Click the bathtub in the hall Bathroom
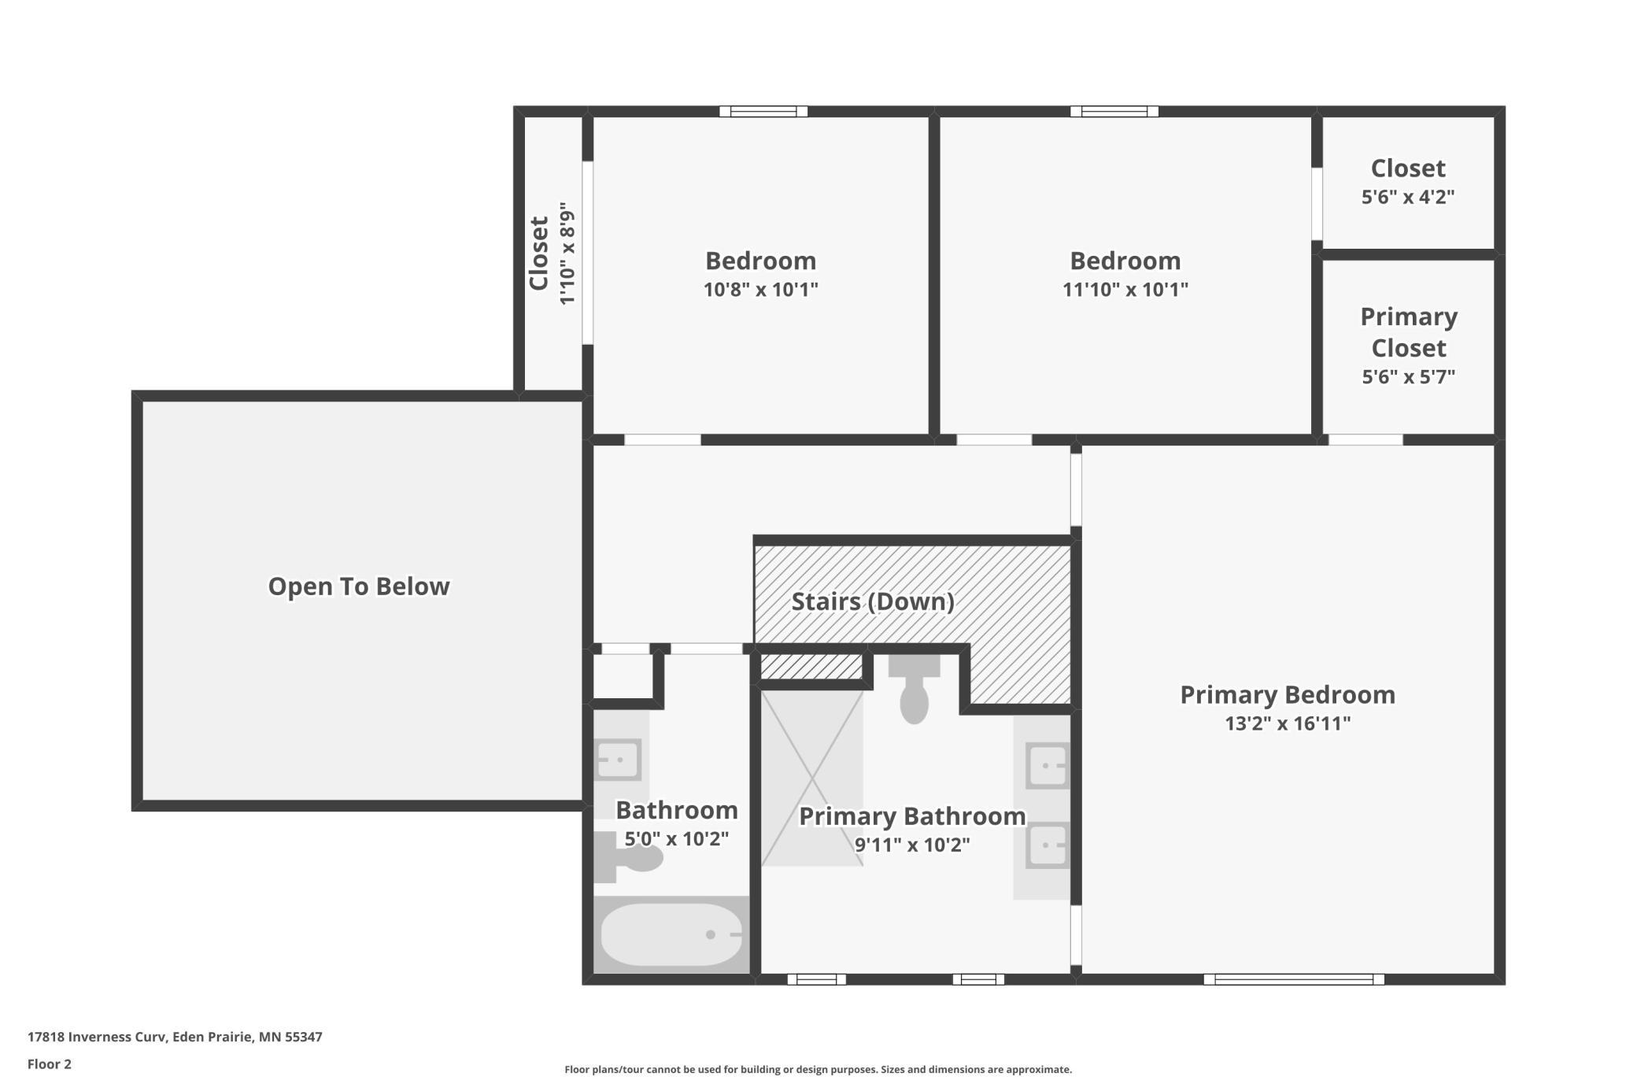point(671,934)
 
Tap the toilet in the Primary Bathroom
point(914,689)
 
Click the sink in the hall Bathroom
point(618,760)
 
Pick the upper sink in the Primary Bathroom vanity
point(1048,765)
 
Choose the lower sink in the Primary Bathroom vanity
point(1048,845)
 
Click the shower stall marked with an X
point(812,778)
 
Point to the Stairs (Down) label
point(873,602)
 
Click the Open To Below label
point(359,586)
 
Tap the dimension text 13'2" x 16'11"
point(1288,723)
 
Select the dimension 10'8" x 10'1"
point(761,290)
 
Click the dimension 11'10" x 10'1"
point(1125,290)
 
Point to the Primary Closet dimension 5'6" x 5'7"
point(1409,376)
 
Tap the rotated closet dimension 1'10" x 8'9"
point(567,253)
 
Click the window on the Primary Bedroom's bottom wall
point(1294,979)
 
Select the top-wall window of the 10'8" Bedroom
point(763,111)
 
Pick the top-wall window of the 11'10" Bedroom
point(1114,111)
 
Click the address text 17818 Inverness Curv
point(97,1037)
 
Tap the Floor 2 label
point(50,1064)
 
